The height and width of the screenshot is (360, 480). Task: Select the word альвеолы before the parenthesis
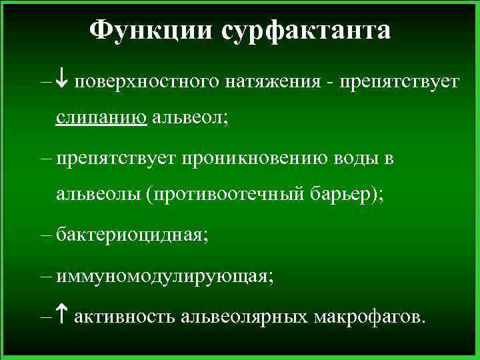pos(99,195)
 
